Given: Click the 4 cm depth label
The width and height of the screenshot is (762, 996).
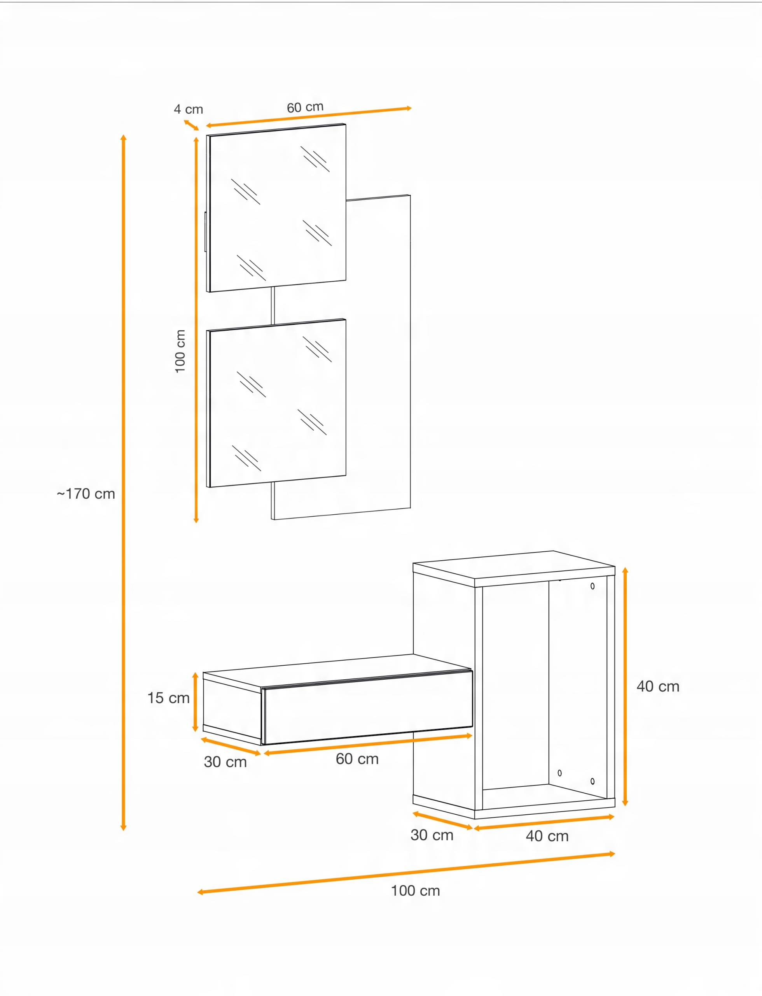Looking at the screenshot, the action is [188, 109].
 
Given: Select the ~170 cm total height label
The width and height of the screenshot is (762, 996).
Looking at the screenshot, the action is [86, 494].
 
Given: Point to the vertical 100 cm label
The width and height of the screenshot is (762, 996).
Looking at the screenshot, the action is [180, 351].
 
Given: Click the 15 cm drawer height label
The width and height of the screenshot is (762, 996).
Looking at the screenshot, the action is [168, 698].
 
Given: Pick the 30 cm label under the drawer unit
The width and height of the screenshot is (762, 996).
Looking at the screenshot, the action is [225, 762].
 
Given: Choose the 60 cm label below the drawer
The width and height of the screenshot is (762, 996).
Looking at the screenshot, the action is [357, 759].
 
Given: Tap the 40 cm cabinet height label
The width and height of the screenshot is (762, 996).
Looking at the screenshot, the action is [658, 686].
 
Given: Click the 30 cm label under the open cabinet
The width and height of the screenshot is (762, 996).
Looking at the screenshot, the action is [432, 835].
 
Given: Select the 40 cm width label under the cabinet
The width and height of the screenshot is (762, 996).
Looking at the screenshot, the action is [547, 836].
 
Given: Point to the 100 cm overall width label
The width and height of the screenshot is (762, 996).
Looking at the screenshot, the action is [416, 891].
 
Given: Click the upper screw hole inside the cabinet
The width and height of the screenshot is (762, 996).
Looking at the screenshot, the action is [592, 586].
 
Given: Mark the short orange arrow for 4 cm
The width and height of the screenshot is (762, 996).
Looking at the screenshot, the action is [191, 125].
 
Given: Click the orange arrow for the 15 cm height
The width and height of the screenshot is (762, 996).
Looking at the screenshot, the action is [196, 702].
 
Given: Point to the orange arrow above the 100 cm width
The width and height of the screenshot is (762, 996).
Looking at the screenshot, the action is [406, 873].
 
